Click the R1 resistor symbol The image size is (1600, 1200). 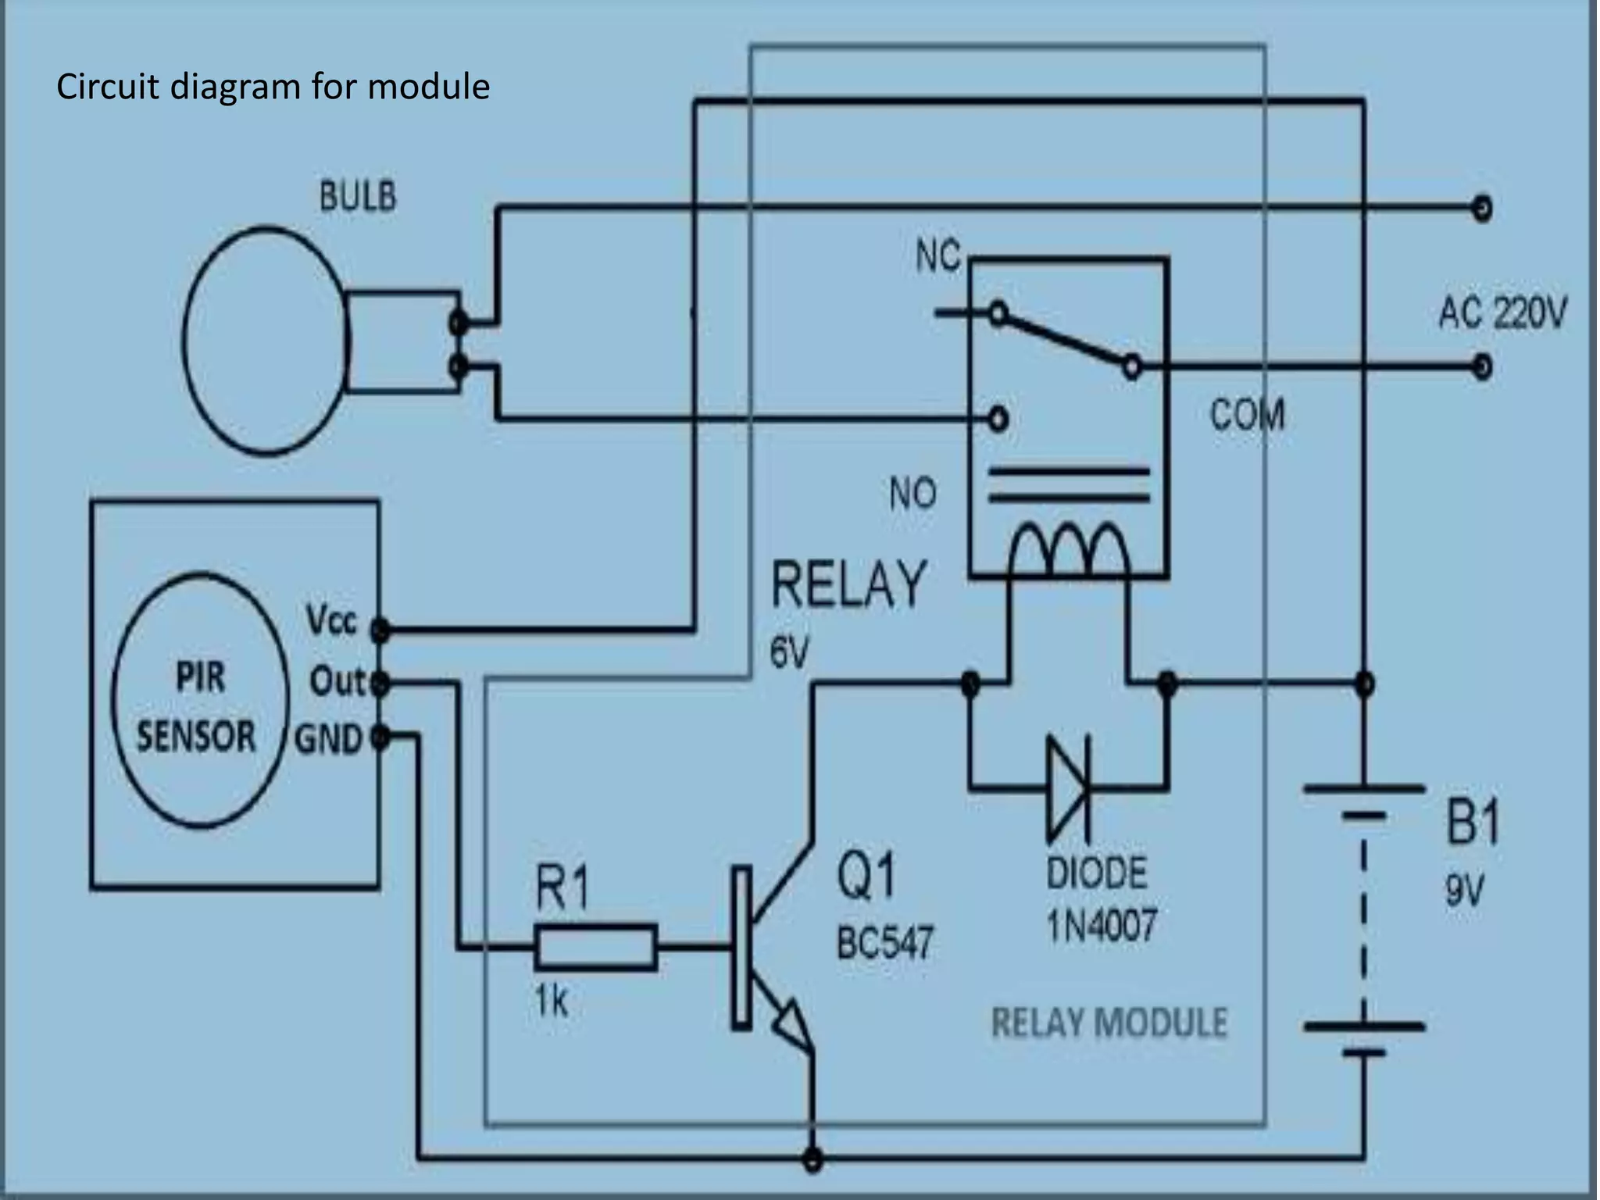click(596, 948)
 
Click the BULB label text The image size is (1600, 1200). click(358, 197)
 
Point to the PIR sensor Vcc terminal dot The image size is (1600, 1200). click(380, 629)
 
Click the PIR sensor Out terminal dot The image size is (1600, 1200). click(380, 684)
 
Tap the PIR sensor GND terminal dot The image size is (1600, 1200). click(380, 737)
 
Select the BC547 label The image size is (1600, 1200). click(884, 943)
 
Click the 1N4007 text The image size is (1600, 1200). click(1102, 927)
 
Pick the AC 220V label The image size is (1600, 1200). click(1502, 314)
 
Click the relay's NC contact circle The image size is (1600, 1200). click(998, 314)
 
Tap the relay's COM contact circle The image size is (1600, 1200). click(1132, 366)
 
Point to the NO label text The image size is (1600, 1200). click(912, 494)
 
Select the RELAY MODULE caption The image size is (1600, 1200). click(1109, 1023)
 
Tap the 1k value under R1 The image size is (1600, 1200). click(551, 1000)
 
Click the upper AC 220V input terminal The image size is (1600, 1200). click(1481, 209)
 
